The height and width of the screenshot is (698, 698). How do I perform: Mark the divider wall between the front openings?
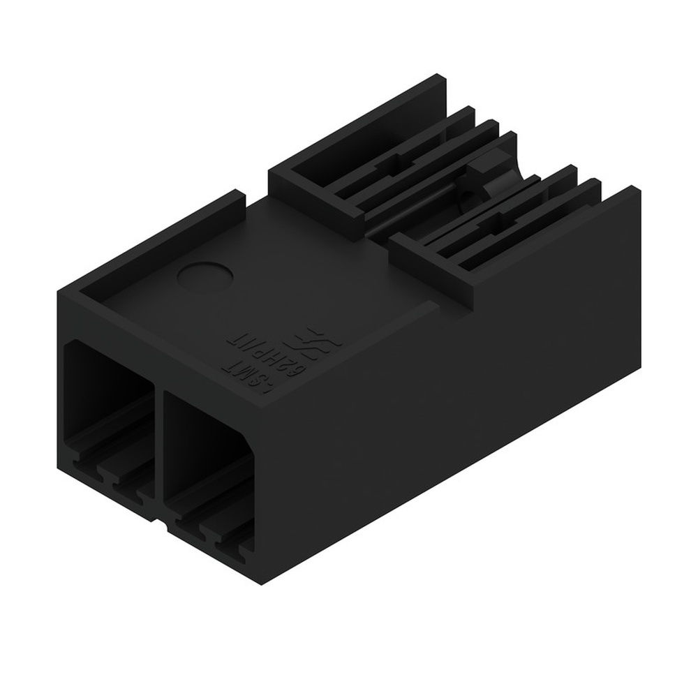coord(158,454)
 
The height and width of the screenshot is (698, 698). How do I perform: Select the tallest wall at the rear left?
coord(363,126)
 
